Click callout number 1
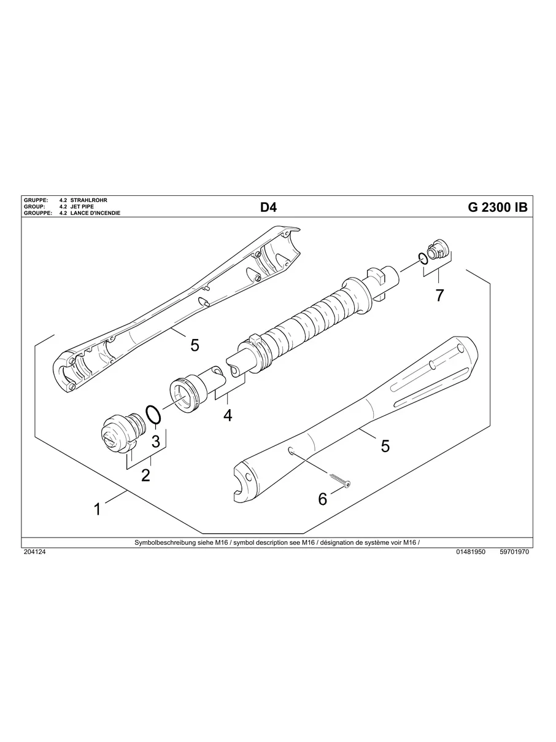click(x=97, y=509)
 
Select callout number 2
click(x=145, y=475)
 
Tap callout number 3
click(x=156, y=440)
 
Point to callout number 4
click(x=228, y=415)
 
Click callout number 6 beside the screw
click(x=323, y=499)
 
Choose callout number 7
click(x=439, y=295)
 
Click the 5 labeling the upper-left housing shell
click(x=195, y=345)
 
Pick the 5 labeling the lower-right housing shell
click(x=385, y=446)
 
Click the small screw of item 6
click(x=339, y=480)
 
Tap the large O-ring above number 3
click(x=154, y=415)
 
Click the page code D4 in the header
click(x=268, y=208)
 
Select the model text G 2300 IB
click(x=497, y=208)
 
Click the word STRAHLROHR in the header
click(x=89, y=201)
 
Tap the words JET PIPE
click(x=82, y=207)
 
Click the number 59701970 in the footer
click(x=514, y=552)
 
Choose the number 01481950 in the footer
click(x=471, y=552)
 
